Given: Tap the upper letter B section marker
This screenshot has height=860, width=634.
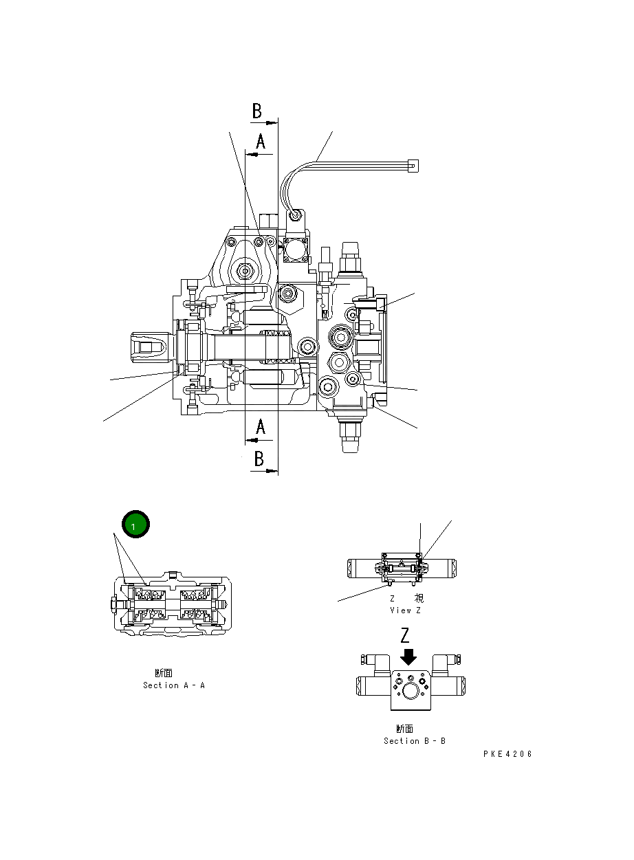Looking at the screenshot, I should (x=256, y=111).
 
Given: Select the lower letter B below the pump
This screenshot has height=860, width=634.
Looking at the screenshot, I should (x=259, y=459).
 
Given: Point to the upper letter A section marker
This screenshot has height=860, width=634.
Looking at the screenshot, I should (x=261, y=142).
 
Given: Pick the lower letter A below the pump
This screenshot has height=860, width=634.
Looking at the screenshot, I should (x=261, y=428).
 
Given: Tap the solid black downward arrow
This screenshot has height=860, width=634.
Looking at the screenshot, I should (x=408, y=657).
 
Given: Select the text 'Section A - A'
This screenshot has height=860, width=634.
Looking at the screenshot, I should (x=174, y=685).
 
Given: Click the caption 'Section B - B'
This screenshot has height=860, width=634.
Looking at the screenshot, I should (x=415, y=741).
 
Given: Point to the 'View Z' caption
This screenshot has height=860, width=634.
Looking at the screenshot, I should (x=405, y=610).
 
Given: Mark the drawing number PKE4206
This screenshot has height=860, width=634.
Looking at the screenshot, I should (x=507, y=754).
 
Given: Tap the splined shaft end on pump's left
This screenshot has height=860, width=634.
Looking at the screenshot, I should (x=147, y=348).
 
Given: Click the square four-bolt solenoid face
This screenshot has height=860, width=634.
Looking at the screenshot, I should (x=295, y=250).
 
